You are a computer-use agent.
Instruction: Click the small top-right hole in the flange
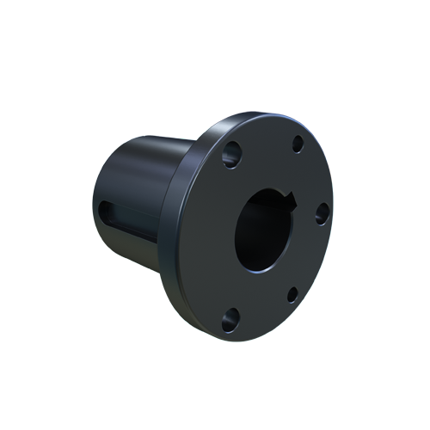coord(298,144)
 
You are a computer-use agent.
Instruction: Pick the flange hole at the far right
coord(321,213)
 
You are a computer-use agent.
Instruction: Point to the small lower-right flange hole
coord(292,294)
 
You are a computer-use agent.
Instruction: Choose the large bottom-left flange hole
coord(229,322)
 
